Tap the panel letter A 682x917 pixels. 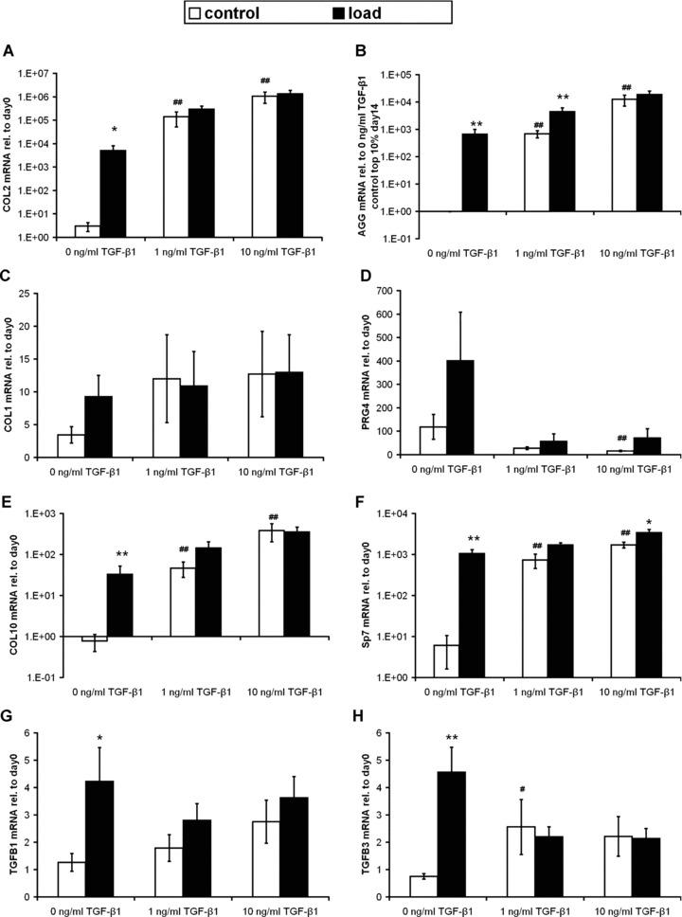click(x=9, y=52)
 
